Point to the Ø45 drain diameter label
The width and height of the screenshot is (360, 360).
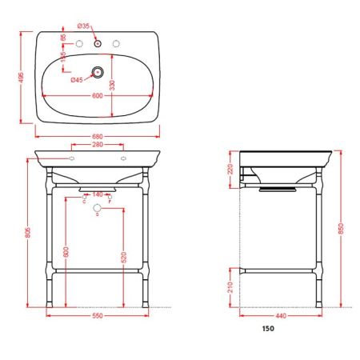click(x=77, y=80)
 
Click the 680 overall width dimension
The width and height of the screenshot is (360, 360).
click(x=98, y=134)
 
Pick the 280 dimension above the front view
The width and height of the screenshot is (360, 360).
click(x=98, y=146)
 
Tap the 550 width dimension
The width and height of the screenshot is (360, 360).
click(x=98, y=317)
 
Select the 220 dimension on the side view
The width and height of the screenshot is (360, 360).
click(x=229, y=169)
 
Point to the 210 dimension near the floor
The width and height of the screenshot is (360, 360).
click(x=229, y=289)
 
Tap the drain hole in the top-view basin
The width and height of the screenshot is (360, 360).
click(x=98, y=72)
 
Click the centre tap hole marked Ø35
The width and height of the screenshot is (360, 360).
click(x=98, y=42)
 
